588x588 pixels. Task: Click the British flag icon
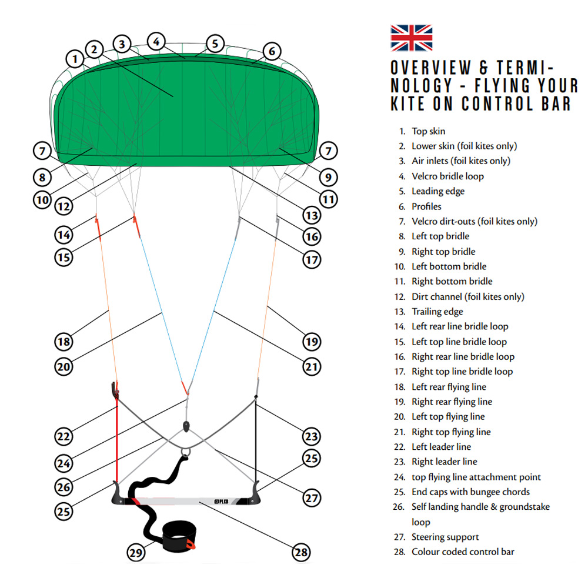(x=412, y=38)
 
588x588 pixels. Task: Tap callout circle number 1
(x=75, y=59)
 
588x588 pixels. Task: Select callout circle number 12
(x=64, y=206)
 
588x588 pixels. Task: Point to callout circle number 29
(x=136, y=552)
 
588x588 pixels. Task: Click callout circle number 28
(x=301, y=552)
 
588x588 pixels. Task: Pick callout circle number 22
(x=64, y=436)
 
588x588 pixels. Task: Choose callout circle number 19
(x=312, y=341)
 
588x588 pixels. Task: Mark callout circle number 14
(x=64, y=235)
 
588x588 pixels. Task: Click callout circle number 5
(x=215, y=43)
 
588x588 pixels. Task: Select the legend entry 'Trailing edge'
(x=437, y=312)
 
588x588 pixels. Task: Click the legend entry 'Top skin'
(x=428, y=131)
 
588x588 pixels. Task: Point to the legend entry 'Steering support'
(x=445, y=537)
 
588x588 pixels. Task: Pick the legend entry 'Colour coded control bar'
(x=462, y=552)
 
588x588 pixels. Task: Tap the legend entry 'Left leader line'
(x=441, y=447)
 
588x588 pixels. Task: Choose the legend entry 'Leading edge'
(x=437, y=191)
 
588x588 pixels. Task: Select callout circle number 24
(x=64, y=462)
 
